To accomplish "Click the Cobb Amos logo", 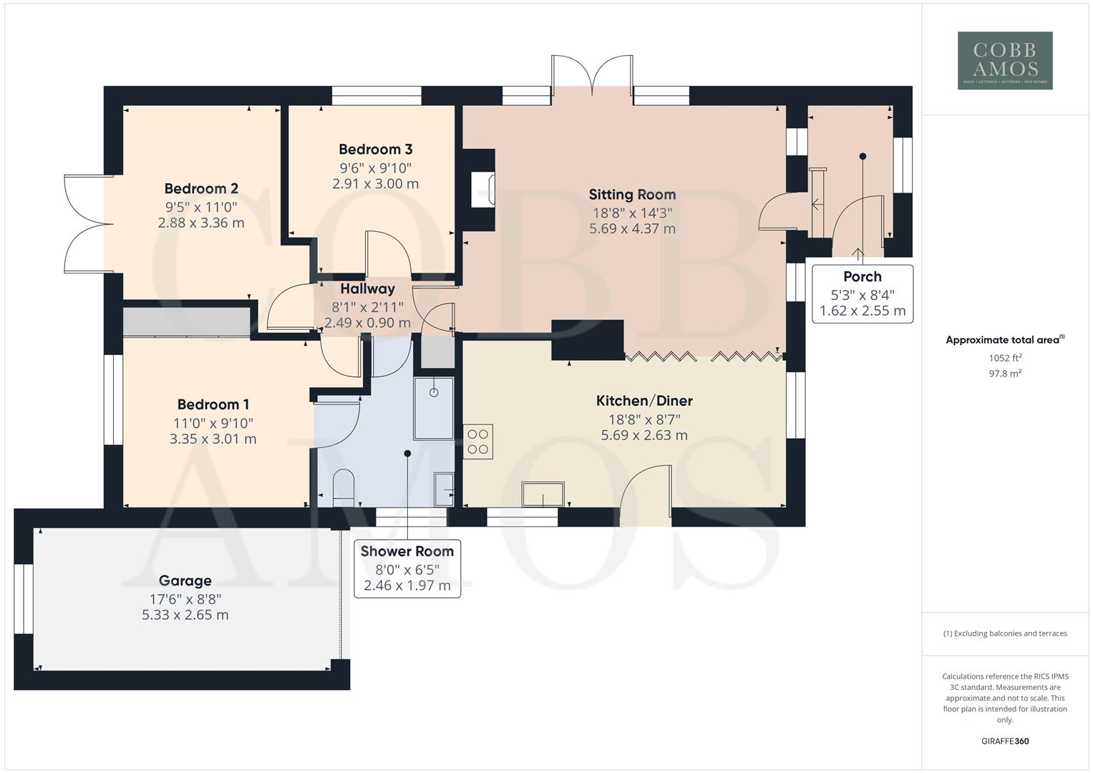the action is (x=1005, y=61).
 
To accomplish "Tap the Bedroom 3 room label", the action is (x=375, y=149).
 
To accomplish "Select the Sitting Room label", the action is (x=632, y=194).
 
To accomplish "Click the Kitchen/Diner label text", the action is (x=644, y=401).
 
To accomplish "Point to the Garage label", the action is (x=185, y=580).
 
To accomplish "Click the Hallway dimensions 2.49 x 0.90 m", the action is (x=367, y=323).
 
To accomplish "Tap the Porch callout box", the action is (x=863, y=293).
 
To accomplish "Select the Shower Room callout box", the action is (x=407, y=568).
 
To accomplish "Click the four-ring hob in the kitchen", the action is (x=477, y=442).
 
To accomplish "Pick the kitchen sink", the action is (x=543, y=495).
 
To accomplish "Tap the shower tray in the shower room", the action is (x=434, y=409).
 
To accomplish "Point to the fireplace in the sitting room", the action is (x=483, y=189).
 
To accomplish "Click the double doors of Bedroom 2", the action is (x=89, y=224).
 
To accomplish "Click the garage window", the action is (x=23, y=599).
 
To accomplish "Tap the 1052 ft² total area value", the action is (x=1005, y=358).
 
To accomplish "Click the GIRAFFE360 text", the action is (x=1005, y=741).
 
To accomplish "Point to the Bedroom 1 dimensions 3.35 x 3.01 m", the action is (x=213, y=439).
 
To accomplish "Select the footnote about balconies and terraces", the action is (x=1005, y=633).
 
